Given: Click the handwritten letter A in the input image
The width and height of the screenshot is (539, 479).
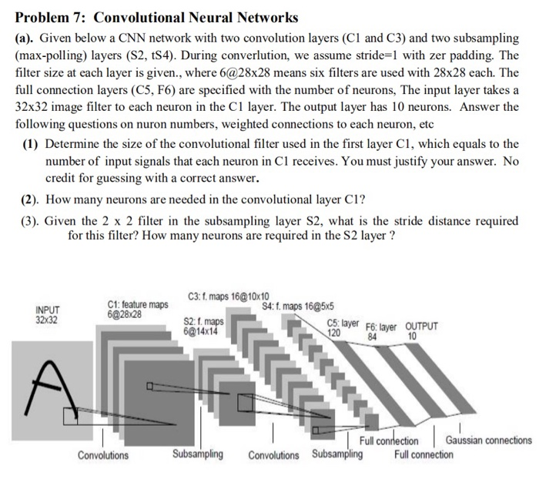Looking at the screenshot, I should (x=48, y=386).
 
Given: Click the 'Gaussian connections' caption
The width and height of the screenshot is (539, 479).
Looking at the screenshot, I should (x=488, y=440).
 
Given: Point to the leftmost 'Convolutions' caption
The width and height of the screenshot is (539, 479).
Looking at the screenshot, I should (x=103, y=455).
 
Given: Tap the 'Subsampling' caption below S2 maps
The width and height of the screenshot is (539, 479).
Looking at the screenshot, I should (x=198, y=454).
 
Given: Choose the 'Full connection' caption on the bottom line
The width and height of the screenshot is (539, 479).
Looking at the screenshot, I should (x=423, y=454).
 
